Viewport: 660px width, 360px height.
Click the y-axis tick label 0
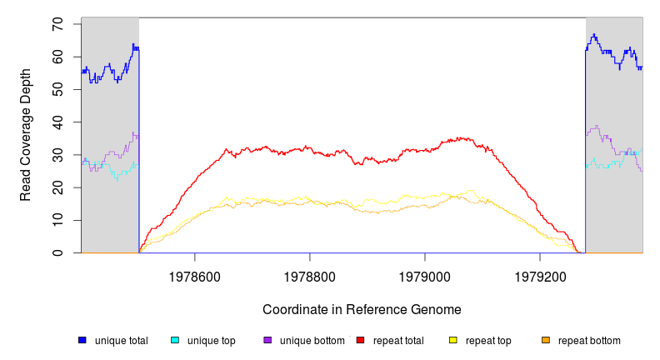click(58, 252)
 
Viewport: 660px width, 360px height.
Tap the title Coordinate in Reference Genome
click(362, 309)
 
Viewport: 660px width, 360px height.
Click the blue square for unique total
click(82, 341)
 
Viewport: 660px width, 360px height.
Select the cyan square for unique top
click(175, 341)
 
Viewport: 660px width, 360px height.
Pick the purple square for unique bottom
click(267, 341)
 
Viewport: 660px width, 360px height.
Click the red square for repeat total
click(360, 341)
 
